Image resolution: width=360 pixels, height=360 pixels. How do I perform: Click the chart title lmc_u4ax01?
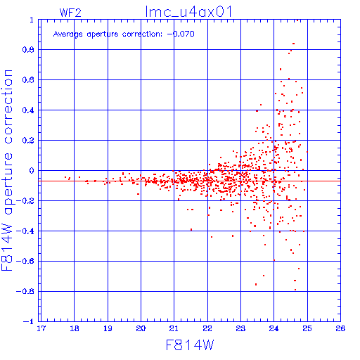[x=188, y=11]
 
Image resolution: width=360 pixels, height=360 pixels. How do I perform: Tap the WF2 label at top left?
[x=70, y=13]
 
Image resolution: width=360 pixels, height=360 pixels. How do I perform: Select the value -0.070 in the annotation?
[x=181, y=34]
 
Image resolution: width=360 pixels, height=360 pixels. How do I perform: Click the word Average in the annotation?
[x=68, y=34]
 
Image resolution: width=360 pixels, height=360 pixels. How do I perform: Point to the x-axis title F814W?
[x=190, y=345]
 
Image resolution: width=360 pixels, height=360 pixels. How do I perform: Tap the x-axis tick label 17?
[x=41, y=328]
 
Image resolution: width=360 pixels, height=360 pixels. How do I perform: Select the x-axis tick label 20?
[x=141, y=328]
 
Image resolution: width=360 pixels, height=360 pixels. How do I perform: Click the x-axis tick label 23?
[x=240, y=328]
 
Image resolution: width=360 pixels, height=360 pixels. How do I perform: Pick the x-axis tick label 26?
[x=340, y=328]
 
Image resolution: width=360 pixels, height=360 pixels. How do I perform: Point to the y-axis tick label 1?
[x=32, y=20]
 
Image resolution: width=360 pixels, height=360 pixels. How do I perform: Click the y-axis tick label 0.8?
[x=28, y=50]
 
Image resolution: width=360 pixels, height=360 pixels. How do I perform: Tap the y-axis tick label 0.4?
[x=28, y=110]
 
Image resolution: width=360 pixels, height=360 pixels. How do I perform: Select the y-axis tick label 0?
[x=32, y=171]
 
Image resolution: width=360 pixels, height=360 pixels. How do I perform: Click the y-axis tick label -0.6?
[x=25, y=261]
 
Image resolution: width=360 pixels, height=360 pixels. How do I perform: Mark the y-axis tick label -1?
[x=29, y=321]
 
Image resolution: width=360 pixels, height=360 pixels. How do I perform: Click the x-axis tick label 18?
[x=75, y=328]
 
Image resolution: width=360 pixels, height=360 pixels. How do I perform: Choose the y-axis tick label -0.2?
[x=25, y=201]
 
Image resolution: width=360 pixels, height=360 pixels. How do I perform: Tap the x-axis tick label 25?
[x=307, y=328]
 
